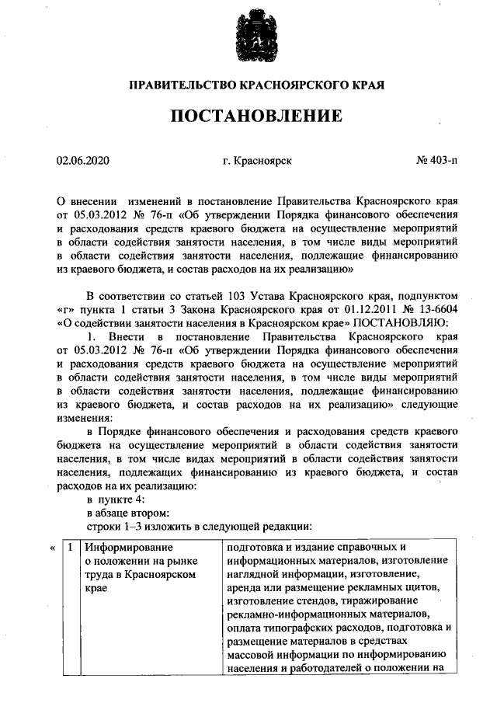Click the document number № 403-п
click(436, 162)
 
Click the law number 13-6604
click(433, 310)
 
